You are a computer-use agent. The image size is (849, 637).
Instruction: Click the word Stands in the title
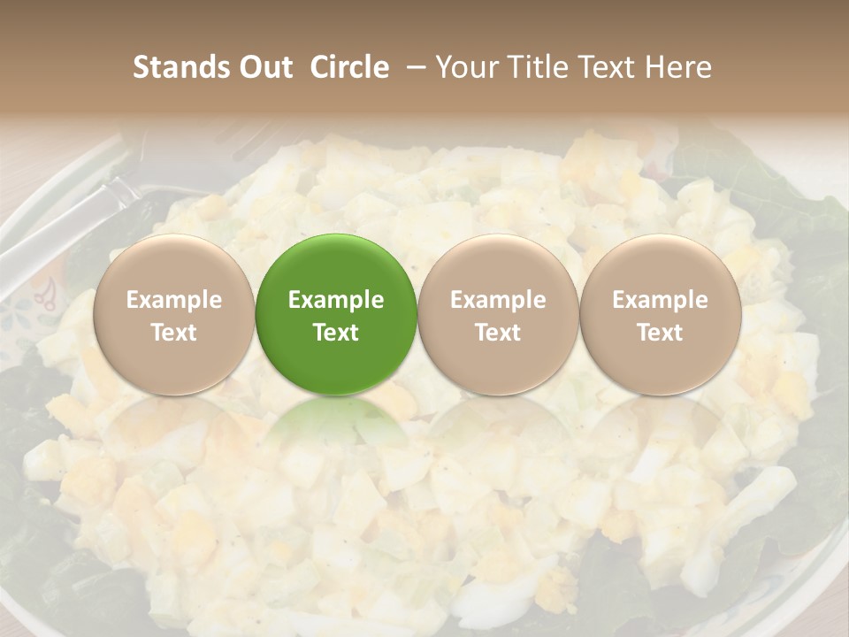click(x=180, y=67)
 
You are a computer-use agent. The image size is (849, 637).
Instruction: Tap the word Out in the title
click(x=264, y=67)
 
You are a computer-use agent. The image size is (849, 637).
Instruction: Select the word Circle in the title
click(x=349, y=67)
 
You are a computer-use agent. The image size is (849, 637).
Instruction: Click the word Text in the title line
click(x=604, y=67)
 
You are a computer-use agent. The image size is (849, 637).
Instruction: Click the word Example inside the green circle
click(x=336, y=300)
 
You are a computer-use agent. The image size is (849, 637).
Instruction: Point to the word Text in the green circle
click(x=336, y=333)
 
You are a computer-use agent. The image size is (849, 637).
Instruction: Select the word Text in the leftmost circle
click(x=174, y=333)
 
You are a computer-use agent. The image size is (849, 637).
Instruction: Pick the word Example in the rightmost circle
click(x=660, y=300)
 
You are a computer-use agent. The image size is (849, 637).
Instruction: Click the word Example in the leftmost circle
click(x=174, y=300)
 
